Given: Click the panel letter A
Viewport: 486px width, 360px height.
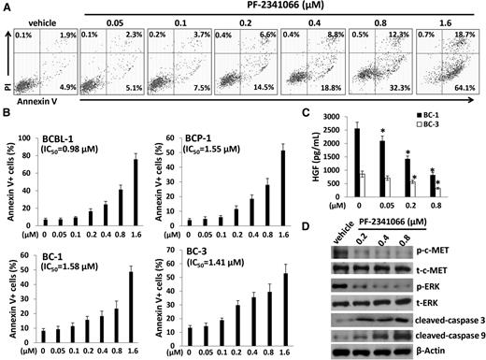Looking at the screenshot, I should point(7,7).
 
